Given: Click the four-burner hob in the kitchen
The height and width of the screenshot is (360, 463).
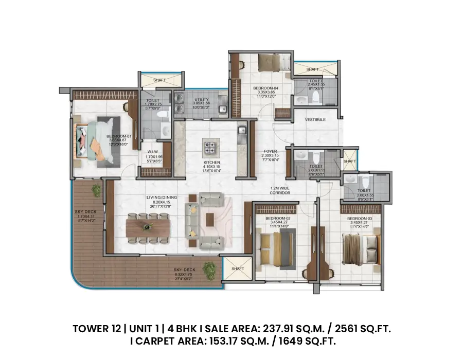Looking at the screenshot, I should [210, 148].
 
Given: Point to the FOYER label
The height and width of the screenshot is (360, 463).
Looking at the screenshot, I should [270, 152].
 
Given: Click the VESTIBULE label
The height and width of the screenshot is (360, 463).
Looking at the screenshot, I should [315, 119].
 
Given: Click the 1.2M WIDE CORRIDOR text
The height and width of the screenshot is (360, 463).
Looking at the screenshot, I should [280, 190].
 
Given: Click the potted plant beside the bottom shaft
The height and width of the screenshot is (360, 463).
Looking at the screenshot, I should [209, 268].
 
